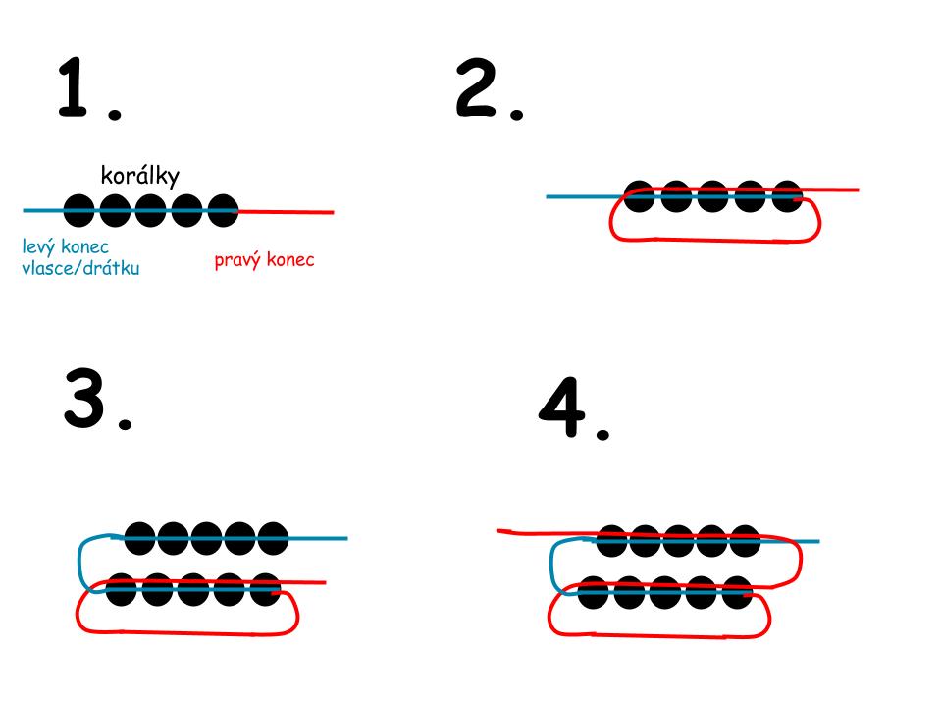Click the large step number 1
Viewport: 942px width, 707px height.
(78, 88)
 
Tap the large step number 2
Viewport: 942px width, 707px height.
(479, 88)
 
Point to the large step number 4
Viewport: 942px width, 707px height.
(563, 412)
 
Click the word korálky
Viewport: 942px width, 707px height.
(139, 176)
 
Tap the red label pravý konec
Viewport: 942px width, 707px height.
(265, 260)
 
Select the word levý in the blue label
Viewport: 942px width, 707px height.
(40, 246)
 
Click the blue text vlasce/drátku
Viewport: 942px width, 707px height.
(80, 267)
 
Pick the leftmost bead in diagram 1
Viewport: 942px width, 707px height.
(81, 210)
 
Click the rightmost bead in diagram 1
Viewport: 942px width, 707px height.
(220, 210)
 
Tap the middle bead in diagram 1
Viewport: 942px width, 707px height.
(150, 210)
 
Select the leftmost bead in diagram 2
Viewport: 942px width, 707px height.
(641, 196)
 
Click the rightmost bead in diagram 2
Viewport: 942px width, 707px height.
(787, 196)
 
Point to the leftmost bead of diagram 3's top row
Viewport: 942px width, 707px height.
(141, 538)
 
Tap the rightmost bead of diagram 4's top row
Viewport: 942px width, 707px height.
(743, 540)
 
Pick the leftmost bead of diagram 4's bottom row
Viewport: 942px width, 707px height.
(595, 593)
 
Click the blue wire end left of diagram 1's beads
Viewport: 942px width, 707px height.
(41, 210)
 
